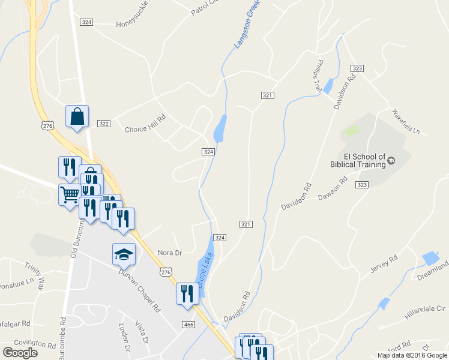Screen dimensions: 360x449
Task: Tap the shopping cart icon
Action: tap(70, 194)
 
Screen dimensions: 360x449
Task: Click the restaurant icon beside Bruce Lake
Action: tap(187, 294)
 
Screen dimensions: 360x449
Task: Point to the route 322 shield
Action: tap(104, 124)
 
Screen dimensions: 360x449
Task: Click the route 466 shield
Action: tap(188, 325)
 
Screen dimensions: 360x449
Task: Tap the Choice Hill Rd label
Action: tap(144, 129)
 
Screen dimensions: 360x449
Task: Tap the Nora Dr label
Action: tap(169, 253)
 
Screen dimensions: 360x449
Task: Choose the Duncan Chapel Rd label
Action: tap(140, 291)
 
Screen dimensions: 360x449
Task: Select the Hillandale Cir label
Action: tap(424, 308)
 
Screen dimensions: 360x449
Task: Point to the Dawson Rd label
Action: tap(333, 188)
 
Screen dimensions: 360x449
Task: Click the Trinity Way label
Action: tap(34, 274)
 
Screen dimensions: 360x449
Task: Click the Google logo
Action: tap(20, 352)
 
